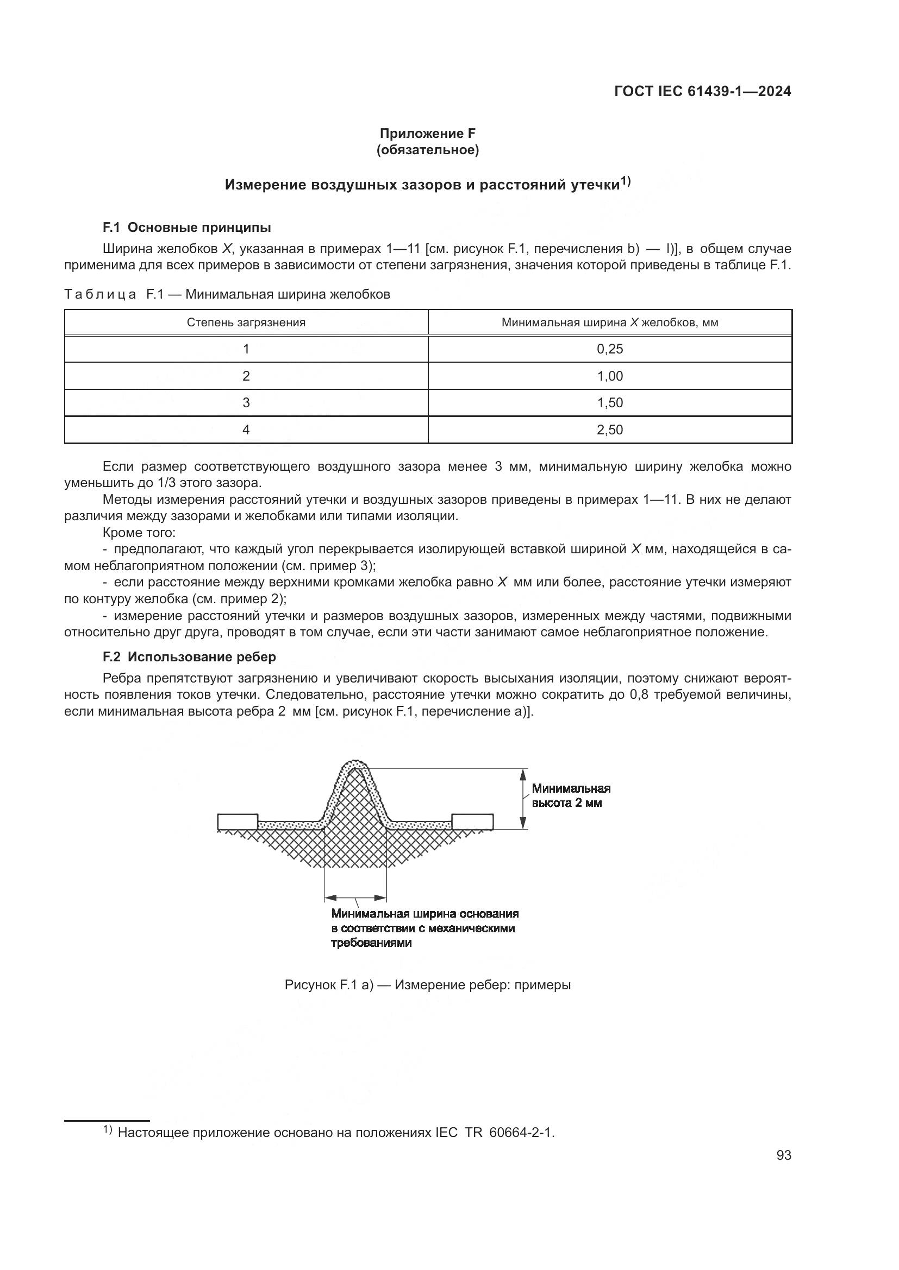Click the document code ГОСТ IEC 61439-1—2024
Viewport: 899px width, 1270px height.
(702, 91)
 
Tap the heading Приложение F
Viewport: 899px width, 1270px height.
(427, 134)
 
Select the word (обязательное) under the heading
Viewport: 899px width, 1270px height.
(427, 150)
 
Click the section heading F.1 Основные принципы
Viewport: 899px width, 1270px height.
(186, 228)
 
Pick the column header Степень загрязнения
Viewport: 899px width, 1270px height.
(246, 323)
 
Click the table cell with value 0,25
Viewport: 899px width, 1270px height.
(609, 349)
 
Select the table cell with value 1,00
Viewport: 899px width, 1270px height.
(609, 376)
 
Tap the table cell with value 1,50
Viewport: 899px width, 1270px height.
(609, 403)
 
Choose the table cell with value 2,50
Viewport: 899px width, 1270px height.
(609, 430)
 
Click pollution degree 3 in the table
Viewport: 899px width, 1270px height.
(246, 403)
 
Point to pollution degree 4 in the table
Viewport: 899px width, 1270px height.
(246, 430)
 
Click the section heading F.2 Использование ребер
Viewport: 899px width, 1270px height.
(189, 656)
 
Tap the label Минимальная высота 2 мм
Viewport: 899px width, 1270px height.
(571, 795)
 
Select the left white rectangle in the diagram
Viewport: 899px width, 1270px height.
(238, 822)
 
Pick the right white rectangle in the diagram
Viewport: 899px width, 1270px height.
(472, 822)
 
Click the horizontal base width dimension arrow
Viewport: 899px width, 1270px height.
(355, 898)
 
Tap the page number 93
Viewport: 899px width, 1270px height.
(783, 1155)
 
